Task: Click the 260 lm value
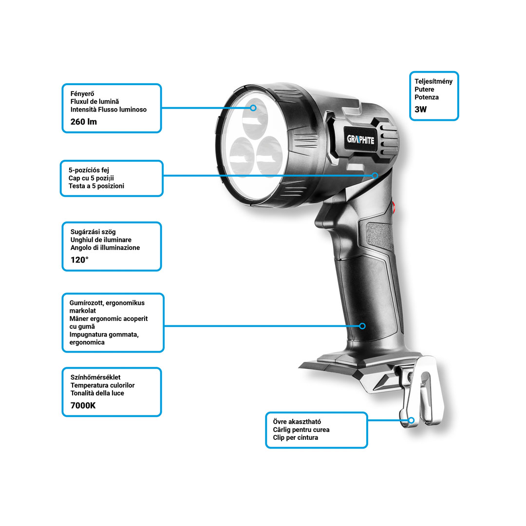84,122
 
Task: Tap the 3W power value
420,110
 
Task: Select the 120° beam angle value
79,260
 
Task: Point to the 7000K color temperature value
83,406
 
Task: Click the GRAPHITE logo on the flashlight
360,140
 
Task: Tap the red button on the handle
394,207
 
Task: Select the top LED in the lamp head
255,118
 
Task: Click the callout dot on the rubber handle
362,326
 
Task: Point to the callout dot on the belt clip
411,420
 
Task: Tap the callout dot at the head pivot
375,175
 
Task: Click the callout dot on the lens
253,108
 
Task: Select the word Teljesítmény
433,81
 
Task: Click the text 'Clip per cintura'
295,437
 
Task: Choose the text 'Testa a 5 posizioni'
96,186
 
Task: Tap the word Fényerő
82,94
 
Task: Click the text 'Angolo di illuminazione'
105,247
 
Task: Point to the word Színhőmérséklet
95,377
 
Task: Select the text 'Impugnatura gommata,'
104,335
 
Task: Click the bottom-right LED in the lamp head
269,156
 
